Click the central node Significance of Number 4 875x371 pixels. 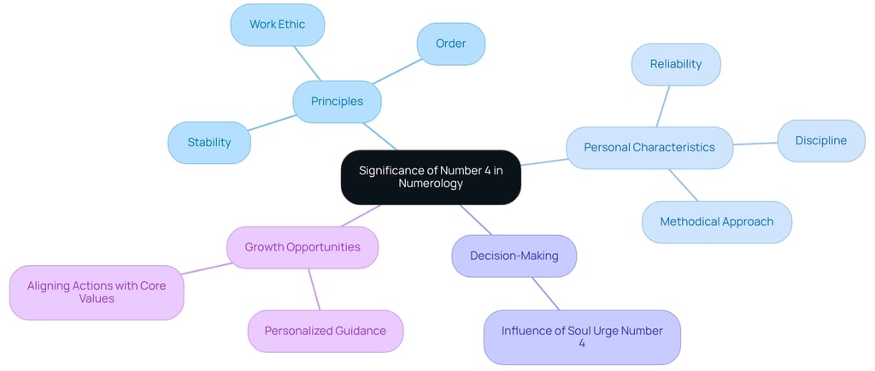coord(431,177)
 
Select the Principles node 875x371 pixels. coord(337,102)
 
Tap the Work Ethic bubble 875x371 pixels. coord(278,25)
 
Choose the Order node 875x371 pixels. coord(450,44)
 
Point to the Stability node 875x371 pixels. coord(209,143)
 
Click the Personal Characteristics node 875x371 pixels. coord(649,148)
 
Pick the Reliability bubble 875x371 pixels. coord(676,64)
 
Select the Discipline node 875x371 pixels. coord(821,141)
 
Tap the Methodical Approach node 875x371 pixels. coord(717,222)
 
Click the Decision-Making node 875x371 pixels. coord(514,256)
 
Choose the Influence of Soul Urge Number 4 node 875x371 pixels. coord(582,337)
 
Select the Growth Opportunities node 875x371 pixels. coord(302,247)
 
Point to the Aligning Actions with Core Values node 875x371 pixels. coord(97,292)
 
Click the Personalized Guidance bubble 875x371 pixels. coord(326,331)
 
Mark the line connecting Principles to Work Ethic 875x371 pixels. coord(308,63)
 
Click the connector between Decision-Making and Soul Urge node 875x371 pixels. coord(547,293)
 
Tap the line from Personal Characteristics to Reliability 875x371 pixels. coord(662,106)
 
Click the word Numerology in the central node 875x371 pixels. coord(431,184)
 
